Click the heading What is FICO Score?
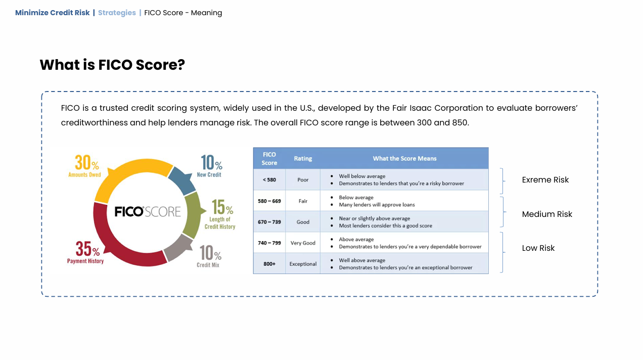pos(112,65)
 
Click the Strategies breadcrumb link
pos(117,13)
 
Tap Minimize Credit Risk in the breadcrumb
pos(52,13)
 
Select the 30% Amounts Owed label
pos(85,166)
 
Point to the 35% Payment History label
pos(85,252)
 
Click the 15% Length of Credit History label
pos(220,214)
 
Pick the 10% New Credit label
pos(210,166)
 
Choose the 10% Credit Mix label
pos(209,256)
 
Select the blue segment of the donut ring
pos(181,179)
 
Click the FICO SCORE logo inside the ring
pos(148,211)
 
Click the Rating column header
pos(303,158)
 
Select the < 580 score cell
pos(269,179)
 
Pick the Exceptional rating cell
pos(303,264)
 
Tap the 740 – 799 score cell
pos(269,243)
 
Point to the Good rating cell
pos(303,222)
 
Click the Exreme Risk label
pos(545,179)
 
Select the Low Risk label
pos(538,248)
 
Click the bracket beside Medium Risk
pos(503,212)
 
